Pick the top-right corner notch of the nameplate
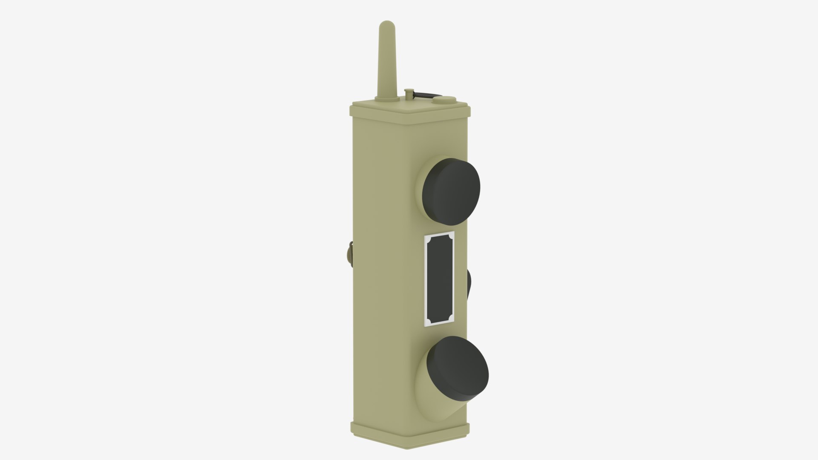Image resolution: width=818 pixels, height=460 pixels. (451, 236)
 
